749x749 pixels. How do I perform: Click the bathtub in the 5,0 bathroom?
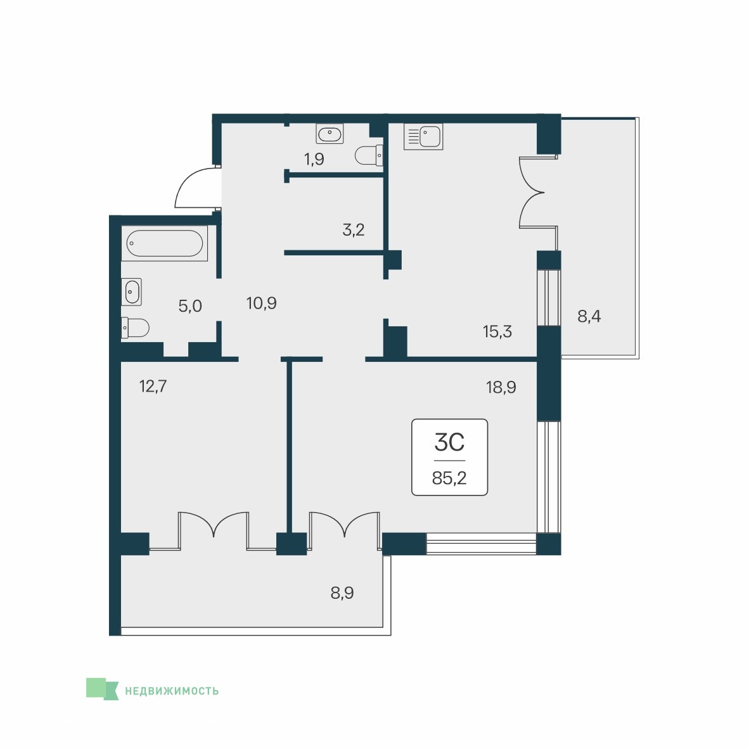[164, 243]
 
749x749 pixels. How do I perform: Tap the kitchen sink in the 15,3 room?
[423, 137]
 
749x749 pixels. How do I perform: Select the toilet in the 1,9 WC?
[369, 155]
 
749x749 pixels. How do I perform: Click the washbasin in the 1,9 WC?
[330, 134]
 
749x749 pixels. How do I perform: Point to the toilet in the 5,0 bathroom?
[135, 328]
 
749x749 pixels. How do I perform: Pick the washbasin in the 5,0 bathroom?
[131, 292]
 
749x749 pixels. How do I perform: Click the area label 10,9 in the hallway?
[261, 303]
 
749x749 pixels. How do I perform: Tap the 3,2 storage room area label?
[354, 230]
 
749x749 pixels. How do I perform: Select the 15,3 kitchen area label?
[497, 331]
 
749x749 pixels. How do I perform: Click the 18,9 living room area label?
[501, 387]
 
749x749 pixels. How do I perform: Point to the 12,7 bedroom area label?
[153, 385]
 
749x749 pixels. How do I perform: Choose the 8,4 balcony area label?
[589, 316]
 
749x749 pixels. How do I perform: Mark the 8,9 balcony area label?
[342, 592]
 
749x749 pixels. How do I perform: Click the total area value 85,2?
[449, 478]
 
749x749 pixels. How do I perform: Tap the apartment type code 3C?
[449, 442]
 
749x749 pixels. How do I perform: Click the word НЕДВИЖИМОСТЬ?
[172, 691]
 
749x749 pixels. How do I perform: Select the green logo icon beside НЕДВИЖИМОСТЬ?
[102, 689]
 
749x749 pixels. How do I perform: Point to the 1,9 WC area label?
[314, 159]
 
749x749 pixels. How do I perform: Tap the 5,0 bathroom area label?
[190, 305]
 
